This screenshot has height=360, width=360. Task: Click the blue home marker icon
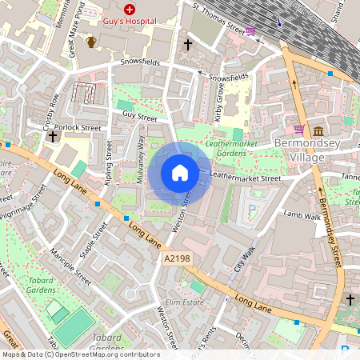(180, 173)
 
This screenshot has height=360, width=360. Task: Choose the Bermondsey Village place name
(310, 150)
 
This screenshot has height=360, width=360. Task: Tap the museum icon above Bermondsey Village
(318, 130)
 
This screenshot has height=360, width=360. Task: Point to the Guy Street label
(140, 117)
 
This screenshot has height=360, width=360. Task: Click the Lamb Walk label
(301, 215)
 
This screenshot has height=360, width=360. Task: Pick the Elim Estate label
(181, 302)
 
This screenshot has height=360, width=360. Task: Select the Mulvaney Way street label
(141, 160)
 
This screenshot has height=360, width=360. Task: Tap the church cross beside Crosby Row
(53, 137)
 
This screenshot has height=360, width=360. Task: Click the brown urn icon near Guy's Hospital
(90, 42)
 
